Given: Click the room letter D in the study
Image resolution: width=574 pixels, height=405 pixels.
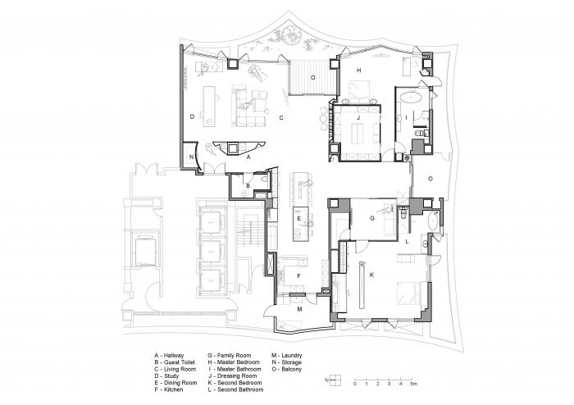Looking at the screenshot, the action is (x=192, y=116).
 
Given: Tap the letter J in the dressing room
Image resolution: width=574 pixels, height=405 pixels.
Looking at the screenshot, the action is (x=358, y=117).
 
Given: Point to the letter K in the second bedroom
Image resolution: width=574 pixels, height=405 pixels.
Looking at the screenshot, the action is (x=371, y=275).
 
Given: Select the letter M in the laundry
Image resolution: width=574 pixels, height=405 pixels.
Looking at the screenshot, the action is (x=299, y=309).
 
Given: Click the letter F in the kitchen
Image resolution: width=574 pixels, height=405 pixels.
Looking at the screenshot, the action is (x=298, y=275).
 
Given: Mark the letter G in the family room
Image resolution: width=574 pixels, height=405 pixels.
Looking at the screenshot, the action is (x=372, y=218).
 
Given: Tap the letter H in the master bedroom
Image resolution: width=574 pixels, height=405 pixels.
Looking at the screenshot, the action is (x=359, y=71).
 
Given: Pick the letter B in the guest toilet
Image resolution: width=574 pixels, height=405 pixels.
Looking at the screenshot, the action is (x=248, y=186).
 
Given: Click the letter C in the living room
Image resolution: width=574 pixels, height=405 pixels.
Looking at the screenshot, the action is (x=281, y=118).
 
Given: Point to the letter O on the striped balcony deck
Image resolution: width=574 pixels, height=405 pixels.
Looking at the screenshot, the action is (x=312, y=78).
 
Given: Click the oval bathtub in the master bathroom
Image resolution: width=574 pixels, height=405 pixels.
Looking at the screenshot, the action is (x=410, y=98).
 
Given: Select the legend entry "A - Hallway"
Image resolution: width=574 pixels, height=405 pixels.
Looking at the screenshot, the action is (x=169, y=356).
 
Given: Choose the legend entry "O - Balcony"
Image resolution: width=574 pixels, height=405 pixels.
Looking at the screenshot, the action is (x=287, y=370).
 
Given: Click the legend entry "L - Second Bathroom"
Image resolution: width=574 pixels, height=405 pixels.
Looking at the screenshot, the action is (x=235, y=390).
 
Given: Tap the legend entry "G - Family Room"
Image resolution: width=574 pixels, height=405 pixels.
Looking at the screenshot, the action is (x=229, y=356).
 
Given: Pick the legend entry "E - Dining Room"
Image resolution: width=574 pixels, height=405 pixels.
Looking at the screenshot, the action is (x=175, y=383).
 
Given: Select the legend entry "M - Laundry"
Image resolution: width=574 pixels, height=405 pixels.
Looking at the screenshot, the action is (x=287, y=356).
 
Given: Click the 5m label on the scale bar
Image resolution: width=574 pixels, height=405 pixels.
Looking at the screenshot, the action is (x=413, y=384).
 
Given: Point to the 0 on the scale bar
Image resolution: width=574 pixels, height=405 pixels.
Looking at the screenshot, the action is (x=355, y=384).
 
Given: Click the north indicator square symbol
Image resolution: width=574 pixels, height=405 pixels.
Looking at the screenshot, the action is (x=335, y=380).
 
